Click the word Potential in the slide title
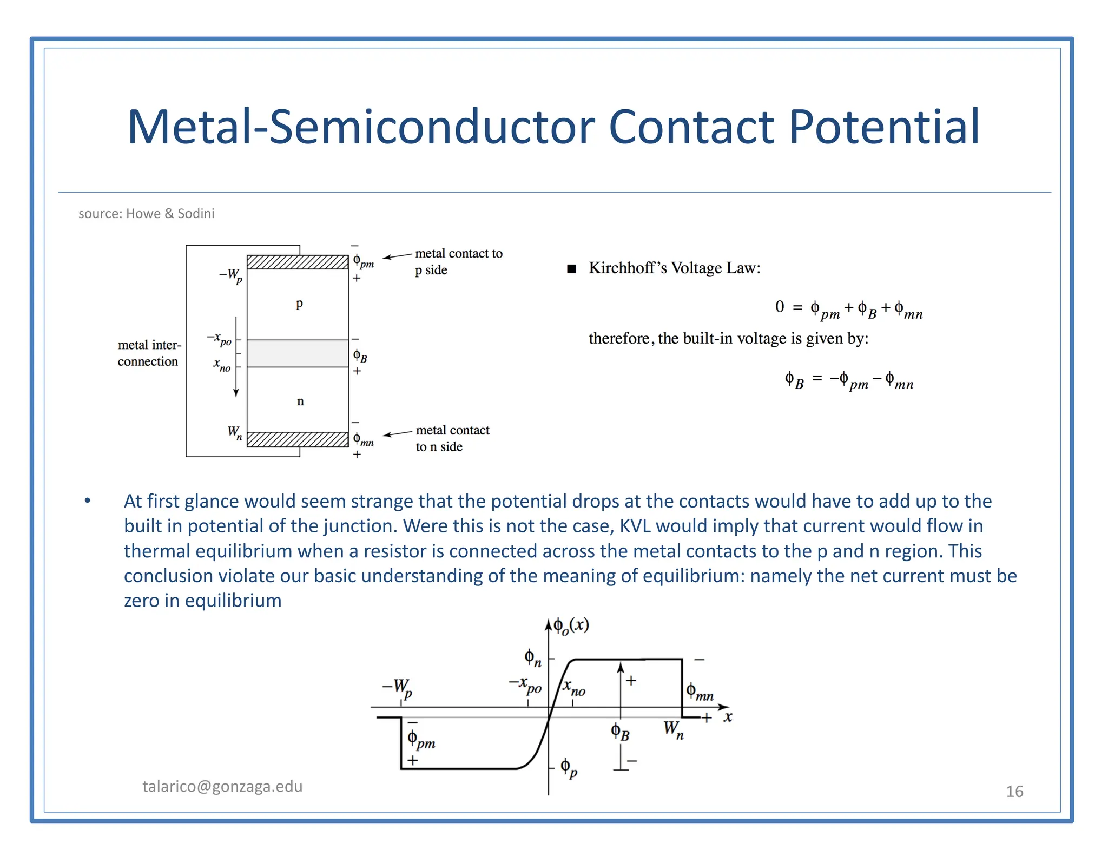pos(884,127)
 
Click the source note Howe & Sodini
pos(146,214)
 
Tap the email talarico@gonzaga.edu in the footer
pos(222,786)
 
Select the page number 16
pos(1014,792)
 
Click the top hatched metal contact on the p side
pos(298,262)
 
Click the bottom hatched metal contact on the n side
pos(298,439)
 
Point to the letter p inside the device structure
pos(299,304)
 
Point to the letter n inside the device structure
pos(300,401)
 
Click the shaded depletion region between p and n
pos(298,353)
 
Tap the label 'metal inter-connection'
pos(149,353)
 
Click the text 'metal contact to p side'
pos(458,261)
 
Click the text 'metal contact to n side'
pos(452,438)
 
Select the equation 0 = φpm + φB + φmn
pos(848,309)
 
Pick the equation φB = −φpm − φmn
pos(848,380)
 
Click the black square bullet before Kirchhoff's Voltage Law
pos(571,269)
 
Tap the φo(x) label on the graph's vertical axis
pos(571,626)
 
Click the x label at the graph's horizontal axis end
pos(728,717)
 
